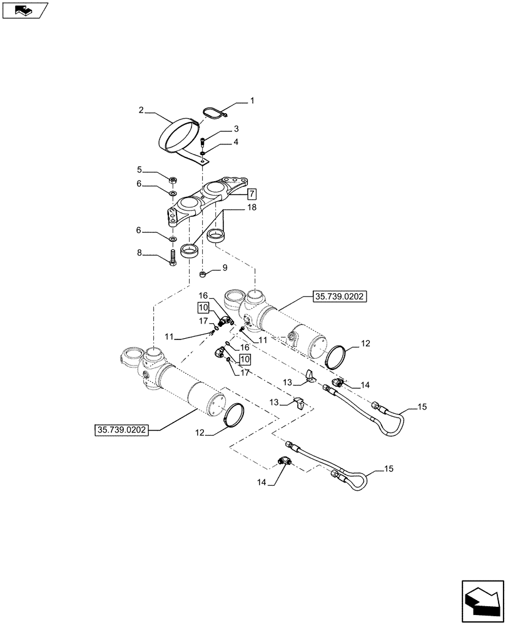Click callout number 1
(252, 101)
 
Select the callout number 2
(142, 111)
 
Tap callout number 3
(236, 129)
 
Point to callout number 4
(236, 142)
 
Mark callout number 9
(225, 267)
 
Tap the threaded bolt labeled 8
(173, 257)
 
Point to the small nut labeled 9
(203, 274)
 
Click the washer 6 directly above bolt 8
(173, 239)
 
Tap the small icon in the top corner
(24, 10)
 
